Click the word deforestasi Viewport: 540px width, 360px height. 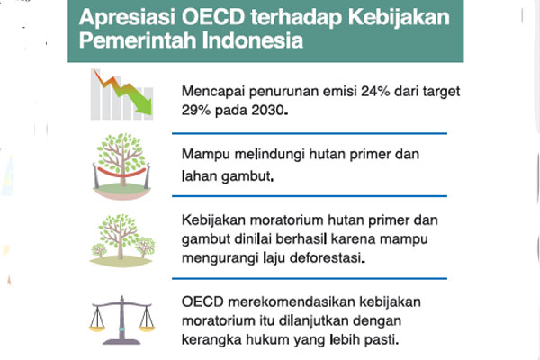341,259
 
